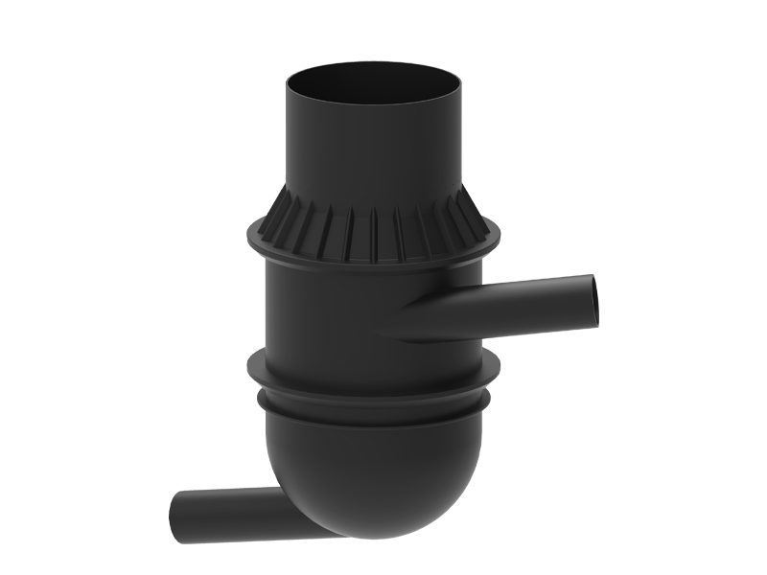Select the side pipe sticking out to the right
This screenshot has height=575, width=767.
537,299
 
